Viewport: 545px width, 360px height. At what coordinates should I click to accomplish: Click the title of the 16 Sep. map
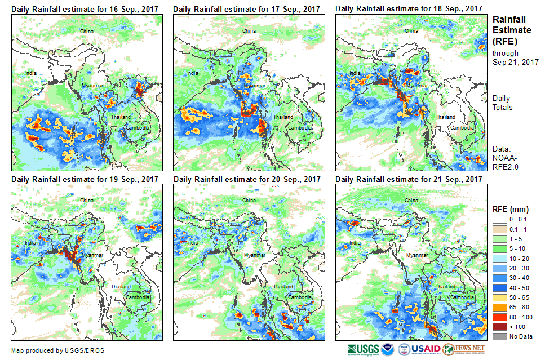[85, 9]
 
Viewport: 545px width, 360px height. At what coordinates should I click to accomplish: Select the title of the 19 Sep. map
[85, 179]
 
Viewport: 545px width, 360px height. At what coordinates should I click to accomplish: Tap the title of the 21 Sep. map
[409, 179]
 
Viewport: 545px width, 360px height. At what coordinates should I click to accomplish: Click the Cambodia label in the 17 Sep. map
[300, 127]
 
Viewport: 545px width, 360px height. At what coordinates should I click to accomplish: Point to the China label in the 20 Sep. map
[249, 200]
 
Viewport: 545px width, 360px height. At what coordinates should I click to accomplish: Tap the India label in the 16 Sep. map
[30, 73]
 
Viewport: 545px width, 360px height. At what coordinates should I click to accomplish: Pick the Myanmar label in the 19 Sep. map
[92, 255]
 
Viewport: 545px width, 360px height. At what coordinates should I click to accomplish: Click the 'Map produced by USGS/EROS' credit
[57, 350]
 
